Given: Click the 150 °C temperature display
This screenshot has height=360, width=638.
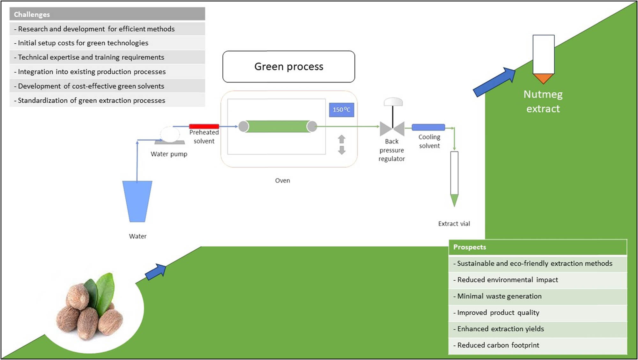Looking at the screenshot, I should coord(341,110).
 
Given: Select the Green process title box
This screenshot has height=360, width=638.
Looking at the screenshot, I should coord(288,66).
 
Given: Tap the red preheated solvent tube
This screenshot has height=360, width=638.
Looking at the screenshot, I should coord(204,126).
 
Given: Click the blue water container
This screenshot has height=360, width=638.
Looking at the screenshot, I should coord(137,201).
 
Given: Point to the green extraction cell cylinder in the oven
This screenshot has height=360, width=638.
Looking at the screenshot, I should coord(278,126).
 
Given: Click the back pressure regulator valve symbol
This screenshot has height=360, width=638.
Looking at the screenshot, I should coord(392,129).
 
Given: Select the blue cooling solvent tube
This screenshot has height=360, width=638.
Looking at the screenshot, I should coord(428,127).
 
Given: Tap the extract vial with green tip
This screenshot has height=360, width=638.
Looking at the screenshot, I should coord(454,179).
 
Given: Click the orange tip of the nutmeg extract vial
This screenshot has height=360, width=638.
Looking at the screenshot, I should coord(543,78).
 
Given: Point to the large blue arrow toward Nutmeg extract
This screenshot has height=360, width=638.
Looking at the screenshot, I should coord(494,82).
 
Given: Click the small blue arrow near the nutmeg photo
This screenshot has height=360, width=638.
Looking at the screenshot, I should coord(156,272).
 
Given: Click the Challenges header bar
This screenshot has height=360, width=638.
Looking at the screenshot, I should coord(107,14).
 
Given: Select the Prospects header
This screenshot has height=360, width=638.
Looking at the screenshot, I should coord(538,247).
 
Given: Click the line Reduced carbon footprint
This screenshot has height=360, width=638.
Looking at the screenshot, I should coord(498,345).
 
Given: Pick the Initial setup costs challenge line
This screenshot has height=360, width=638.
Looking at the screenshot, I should coord(83,43).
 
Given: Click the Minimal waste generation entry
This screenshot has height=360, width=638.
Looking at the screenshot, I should coord(499,296).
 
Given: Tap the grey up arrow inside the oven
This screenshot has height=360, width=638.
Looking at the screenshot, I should coord(342,139).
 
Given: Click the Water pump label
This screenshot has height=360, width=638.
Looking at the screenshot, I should coord(169,154).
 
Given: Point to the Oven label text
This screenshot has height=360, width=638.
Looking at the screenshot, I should coord(282,180).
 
